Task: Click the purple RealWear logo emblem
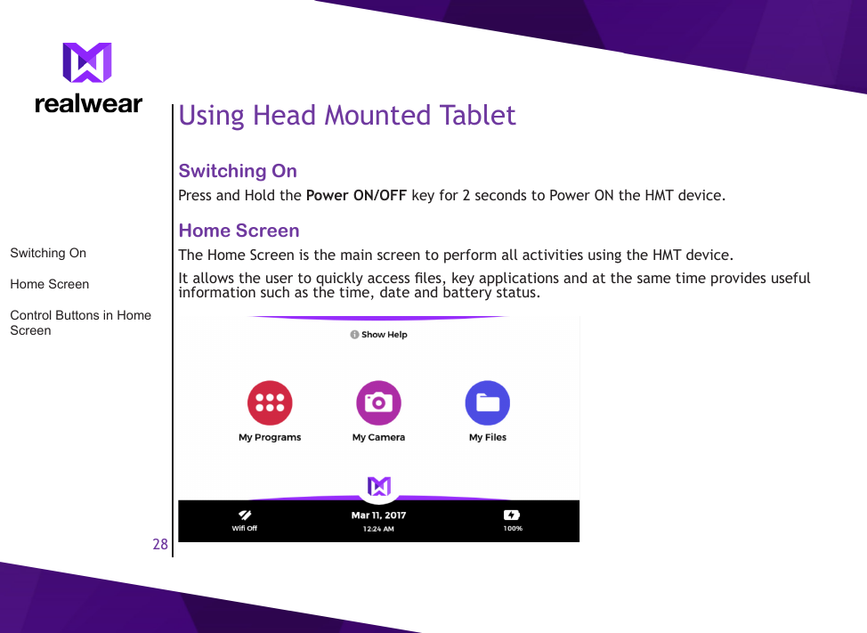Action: pos(87,63)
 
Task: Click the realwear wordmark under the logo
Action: pos(88,104)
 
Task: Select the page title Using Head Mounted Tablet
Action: pos(347,116)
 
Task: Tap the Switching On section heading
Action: pos(238,171)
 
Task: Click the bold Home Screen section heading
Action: pos(239,231)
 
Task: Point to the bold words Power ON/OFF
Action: pos(356,195)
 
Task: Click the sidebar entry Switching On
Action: pos(48,253)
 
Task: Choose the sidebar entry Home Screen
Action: pos(49,284)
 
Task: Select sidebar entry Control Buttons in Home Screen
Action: pos(80,322)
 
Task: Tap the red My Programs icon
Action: pos(270,403)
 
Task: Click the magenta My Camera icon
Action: pos(378,403)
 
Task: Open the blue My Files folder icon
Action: pos(488,403)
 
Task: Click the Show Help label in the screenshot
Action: pos(384,335)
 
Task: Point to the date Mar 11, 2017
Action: pos(378,515)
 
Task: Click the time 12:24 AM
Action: pos(378,529)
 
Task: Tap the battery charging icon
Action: pos(512,515)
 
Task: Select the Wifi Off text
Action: pos(245,529)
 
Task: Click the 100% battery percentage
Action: pos(513,529)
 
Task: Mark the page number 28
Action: pos(160,544)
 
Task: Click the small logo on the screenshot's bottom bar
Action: pos(379,486)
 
